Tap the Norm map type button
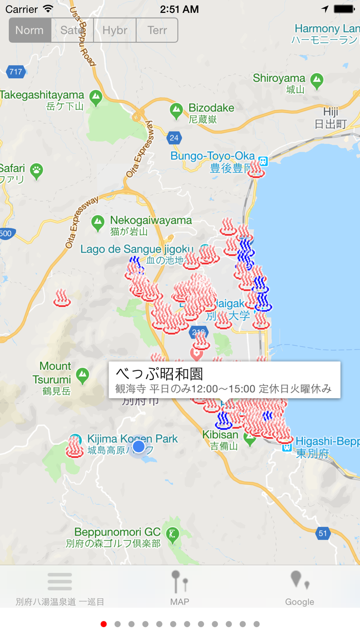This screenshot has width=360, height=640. [x=30, y=30]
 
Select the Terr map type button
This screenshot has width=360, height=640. [x=157, y=30]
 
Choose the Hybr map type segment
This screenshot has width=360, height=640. [x=115, y=30]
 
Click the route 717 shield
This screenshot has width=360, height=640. [x=15, y=72]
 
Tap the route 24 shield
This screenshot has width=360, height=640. [x=174, y=137]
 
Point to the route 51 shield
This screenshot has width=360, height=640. [x=322, y=534]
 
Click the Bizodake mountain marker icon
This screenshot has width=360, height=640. [x=177, y=109]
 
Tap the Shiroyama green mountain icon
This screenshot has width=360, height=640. [x=317, y=80]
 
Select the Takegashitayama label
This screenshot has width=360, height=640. [x=42, y=95]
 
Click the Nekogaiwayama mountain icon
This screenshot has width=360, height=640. [x=98, y=223]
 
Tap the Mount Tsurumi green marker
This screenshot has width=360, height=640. [x=82, y=376]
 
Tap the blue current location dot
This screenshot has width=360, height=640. [x=138, y=446]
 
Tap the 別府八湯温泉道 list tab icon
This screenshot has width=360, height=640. [x=60, y=582]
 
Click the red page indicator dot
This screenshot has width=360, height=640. [x=104, y=624]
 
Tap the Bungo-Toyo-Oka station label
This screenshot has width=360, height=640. [x=213, y=156]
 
